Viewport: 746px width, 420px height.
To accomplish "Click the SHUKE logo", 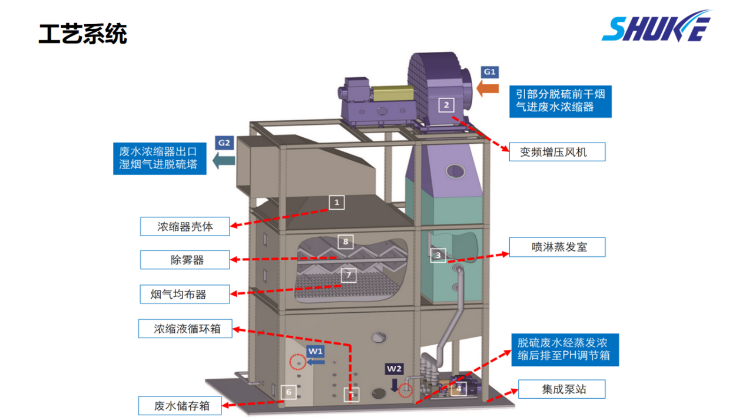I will click(657, 27).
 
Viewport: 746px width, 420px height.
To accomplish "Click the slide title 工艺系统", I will click(82, 34).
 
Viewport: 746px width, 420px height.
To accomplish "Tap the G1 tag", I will click(490, 72).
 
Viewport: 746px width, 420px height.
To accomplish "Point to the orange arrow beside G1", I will click(488, 89).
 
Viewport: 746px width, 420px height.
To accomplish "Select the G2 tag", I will click(224, 143).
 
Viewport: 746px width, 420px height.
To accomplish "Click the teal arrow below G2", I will click(223, 160).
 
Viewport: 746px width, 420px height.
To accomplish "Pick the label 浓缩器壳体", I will click(185, 226).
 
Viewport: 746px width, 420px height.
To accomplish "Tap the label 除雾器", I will click(185, 260).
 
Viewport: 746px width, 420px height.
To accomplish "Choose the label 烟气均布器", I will click(185, 293).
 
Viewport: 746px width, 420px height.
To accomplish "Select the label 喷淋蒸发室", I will click(556, 247).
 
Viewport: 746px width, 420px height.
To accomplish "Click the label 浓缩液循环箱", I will click(185, 329).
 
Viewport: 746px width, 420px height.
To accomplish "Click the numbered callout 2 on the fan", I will click(446, 105).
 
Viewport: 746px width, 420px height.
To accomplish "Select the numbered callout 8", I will click(346, 241).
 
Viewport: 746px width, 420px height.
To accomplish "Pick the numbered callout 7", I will click(349, 275).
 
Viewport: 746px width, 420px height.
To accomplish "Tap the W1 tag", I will click(316, 351).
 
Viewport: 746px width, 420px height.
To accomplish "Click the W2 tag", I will click(394, 369).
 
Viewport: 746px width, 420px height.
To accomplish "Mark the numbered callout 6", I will click(288, 392).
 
